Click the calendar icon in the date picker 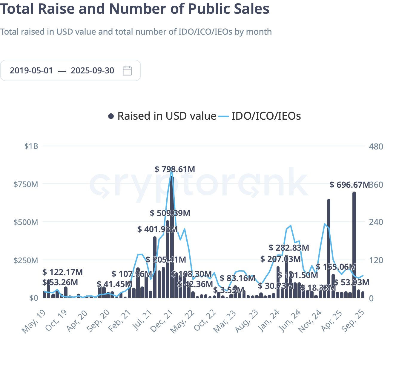click(127, 71)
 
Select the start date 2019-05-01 click(31, 71)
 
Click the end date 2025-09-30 click(92, 71)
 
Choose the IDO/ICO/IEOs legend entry click(260, 116)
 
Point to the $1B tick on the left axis click(31, 146)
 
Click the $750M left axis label click(26, 184)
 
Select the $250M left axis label click(26, 260)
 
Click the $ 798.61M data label click(175, 169)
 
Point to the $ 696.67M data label click(349, 185)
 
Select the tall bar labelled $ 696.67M click(354, 245)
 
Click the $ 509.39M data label click(170, 213)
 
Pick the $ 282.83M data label click(289, 248)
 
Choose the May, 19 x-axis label click(34, 322)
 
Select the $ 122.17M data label click(62, 272)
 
